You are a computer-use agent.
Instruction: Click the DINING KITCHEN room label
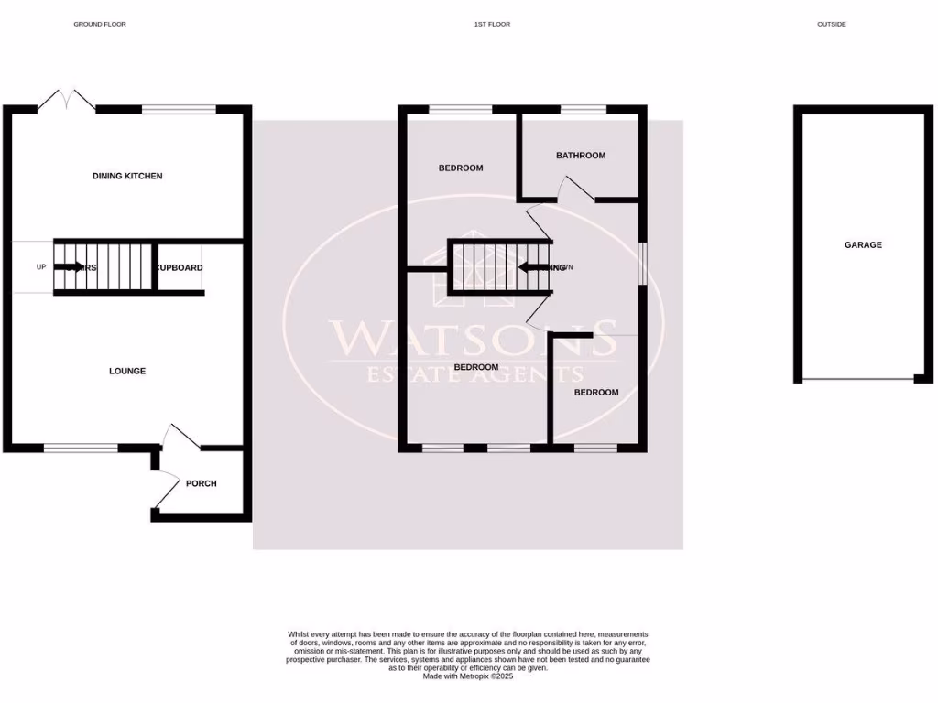127,176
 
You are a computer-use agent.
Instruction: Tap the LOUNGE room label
127,371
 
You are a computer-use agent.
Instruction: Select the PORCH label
201,483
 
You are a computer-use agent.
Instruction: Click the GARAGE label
863,245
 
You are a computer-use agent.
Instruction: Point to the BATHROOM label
581,156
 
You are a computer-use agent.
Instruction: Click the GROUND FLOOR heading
100,24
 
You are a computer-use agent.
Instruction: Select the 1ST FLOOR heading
492,24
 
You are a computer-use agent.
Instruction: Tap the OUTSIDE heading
831,24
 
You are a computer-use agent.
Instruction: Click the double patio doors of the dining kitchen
67,101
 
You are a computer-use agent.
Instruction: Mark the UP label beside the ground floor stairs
40,267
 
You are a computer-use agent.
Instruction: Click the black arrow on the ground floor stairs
70,267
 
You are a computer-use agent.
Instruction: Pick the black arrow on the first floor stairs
533,267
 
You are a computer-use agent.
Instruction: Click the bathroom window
584,110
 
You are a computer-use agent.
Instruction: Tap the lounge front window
81,448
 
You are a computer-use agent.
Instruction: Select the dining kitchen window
179,110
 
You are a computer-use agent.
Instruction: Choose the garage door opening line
857,379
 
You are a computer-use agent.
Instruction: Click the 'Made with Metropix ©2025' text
468,676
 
